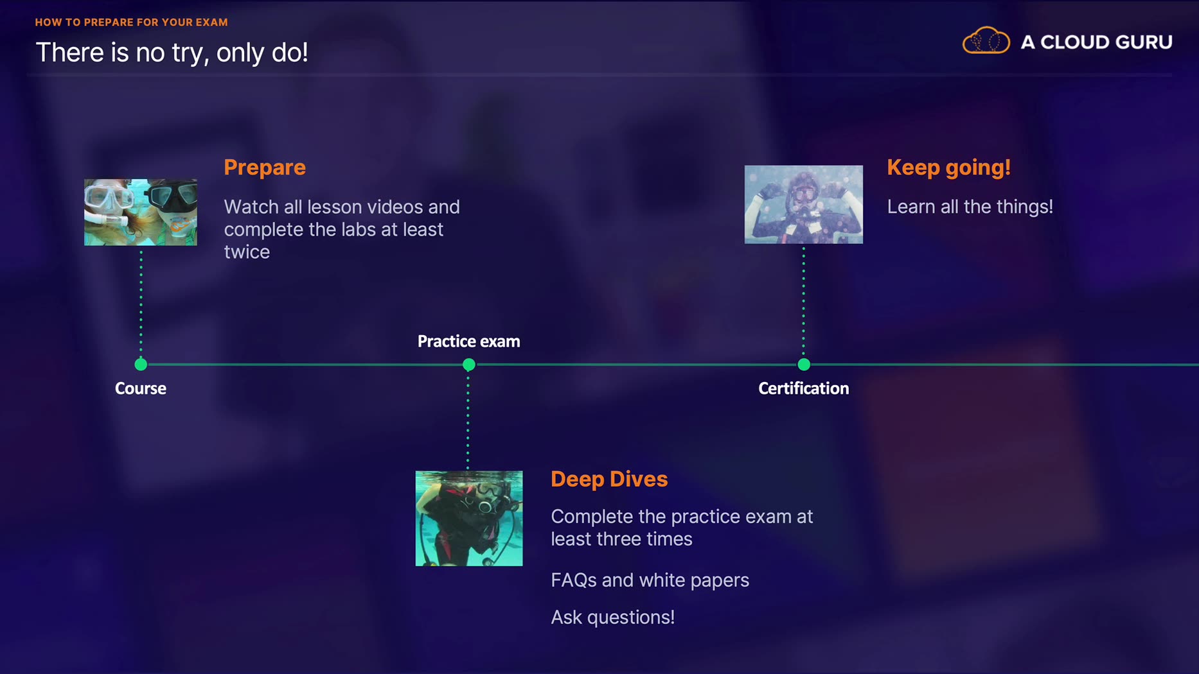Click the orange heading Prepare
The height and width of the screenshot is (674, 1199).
coord(265,168)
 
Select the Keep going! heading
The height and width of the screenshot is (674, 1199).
coord(948,168)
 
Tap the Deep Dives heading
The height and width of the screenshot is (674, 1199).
coord(609,479)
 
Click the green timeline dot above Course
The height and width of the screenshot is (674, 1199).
coord(141,365)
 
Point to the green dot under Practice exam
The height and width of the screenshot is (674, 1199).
coord(469,365)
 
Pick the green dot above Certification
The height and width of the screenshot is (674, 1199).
coord(804,365)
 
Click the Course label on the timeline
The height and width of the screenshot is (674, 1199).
coord(141,388)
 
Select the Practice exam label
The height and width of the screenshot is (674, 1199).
coord(469,341)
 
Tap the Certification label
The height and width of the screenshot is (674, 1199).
coord(804,388)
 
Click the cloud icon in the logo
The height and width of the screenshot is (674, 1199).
coord(986,41)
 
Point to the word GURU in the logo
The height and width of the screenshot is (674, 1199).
coord(1144,42)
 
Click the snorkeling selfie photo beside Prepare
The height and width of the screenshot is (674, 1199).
coord(141,212)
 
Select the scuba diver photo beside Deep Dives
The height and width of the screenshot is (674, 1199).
coord(469,519)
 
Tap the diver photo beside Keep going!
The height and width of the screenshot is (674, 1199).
coord(804,205)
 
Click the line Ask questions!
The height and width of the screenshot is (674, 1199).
coord(613,618)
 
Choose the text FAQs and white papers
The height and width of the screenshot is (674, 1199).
coord(650,580)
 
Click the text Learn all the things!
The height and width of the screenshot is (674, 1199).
coord(970,207)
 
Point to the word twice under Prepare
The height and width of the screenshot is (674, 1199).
coord(247,252)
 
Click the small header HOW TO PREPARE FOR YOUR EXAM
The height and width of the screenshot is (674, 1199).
coord(132,22)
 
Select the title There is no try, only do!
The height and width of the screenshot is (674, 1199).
coord(172,53)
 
